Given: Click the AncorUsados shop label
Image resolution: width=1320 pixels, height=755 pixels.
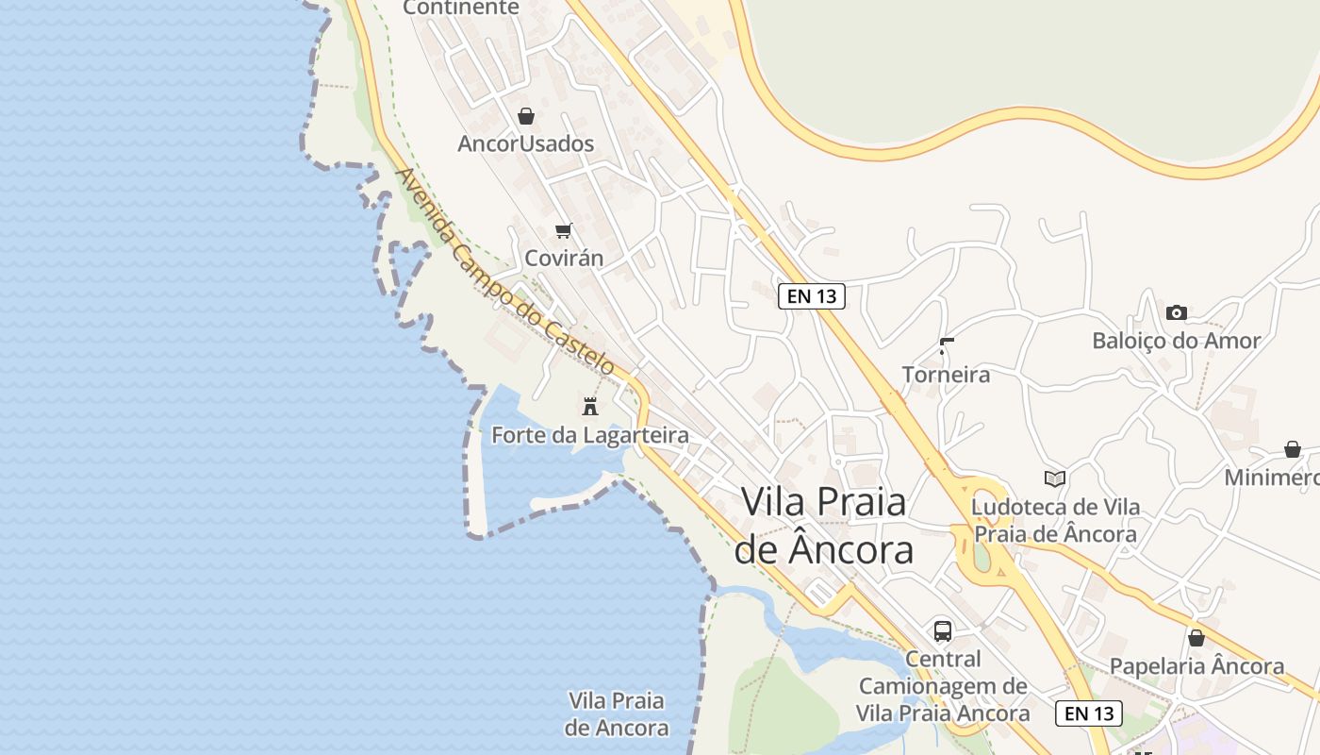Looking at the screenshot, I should point(525,143).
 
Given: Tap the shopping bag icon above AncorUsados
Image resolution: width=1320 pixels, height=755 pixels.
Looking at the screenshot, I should point(526,116).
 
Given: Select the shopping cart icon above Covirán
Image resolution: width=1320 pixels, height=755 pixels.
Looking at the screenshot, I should point(564,230).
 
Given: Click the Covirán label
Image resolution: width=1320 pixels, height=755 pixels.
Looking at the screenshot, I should point(564,258).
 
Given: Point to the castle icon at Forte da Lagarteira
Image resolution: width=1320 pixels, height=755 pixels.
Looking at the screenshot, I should point(590,407).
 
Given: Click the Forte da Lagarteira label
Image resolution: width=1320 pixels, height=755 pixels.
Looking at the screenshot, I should point(590,435).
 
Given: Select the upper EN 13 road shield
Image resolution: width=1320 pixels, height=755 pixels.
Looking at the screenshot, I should point(812,296).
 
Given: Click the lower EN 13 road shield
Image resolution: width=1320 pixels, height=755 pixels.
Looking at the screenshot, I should point(1089,713).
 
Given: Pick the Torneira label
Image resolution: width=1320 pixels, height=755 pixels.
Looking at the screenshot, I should point(946,375).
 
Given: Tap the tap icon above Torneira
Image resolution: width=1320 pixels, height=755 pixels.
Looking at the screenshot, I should point(946,346).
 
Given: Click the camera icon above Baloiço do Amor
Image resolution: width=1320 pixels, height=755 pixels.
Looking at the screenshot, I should point(1176,312).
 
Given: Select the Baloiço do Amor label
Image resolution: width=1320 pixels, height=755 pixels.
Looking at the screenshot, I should point(1176,341).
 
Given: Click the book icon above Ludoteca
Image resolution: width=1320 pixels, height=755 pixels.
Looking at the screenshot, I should point(1055,478).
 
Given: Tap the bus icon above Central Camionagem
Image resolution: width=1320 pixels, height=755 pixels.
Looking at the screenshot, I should point(943,630).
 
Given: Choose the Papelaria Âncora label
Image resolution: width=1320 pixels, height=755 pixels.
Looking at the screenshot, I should point(1196,666).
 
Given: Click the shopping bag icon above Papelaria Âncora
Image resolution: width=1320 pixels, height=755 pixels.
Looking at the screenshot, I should point(1196,638).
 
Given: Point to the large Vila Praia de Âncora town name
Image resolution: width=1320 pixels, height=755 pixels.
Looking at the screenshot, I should point(824,525).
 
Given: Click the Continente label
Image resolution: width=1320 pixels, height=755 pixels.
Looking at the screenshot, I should point(461,8).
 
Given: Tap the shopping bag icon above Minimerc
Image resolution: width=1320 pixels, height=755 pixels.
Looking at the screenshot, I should point(1292,449).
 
